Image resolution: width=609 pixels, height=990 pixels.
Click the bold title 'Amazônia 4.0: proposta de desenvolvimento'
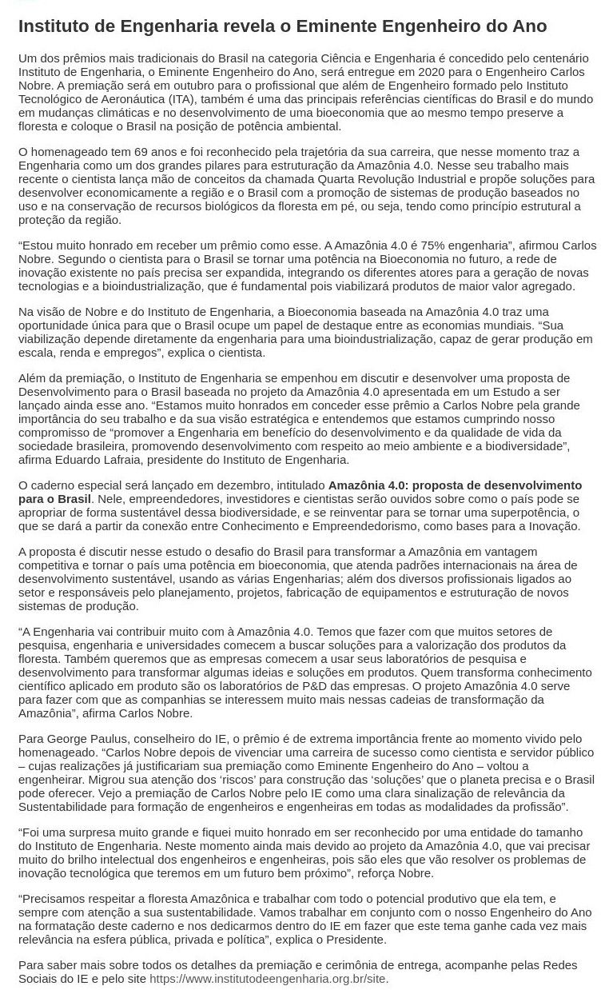[455, 485]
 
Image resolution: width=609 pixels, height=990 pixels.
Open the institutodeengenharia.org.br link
[267, 979]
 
